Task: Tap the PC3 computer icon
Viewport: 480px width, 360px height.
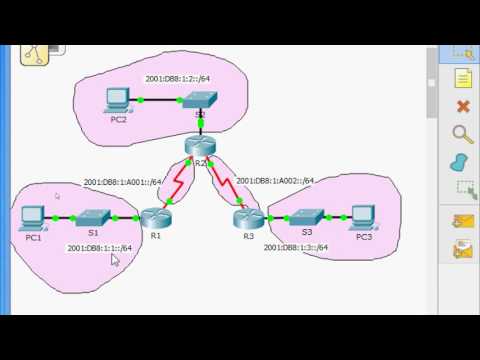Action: tap(363, 216)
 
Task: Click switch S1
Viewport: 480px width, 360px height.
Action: tap(92, 216)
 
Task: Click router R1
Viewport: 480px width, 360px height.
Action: tap(155, 217)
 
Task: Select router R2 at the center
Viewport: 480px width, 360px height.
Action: tap(199, 146)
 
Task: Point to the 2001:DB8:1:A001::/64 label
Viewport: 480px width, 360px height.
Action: tap(122, 182)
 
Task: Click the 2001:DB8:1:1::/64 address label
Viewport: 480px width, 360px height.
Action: tap(101, 249)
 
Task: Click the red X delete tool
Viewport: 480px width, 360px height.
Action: tap(462, 106)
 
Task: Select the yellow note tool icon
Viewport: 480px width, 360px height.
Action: tap(462, 78)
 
